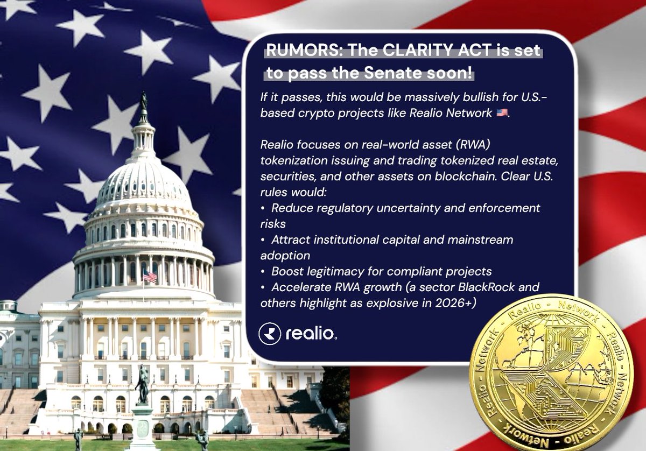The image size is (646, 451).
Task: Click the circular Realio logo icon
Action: pyautogui.click(x=269, y=334)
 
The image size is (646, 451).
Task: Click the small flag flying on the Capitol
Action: pyautogui.click(x=149, y=276)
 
